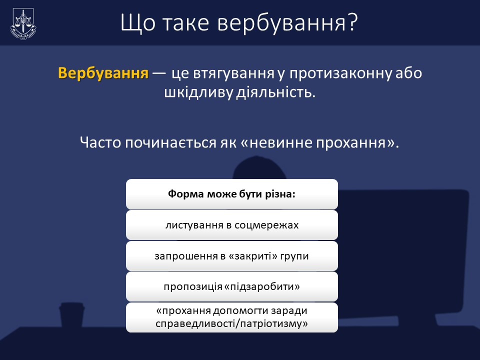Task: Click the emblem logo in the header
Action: [23, 23]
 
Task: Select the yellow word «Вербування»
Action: [103, 73]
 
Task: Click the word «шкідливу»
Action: [198, 92]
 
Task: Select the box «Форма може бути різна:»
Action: [231, 194]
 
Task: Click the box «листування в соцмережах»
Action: [231, 225]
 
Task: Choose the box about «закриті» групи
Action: [231, 256]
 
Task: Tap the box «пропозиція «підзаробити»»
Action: [231, 286]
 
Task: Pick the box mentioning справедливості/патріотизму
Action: [231, 317]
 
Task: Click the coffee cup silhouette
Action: [72, 315]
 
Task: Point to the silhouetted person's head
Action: [259, 168]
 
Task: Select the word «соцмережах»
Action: [266, 225]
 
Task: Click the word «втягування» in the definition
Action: [233, 73]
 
